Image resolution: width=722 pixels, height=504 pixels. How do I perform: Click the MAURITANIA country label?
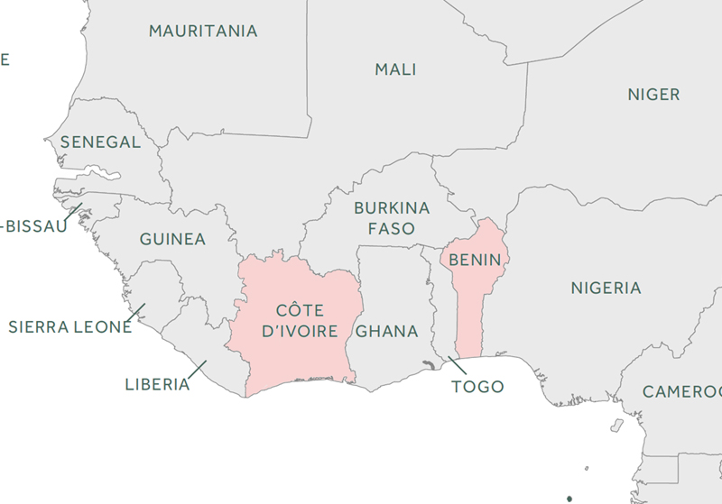click(x=203, y=32)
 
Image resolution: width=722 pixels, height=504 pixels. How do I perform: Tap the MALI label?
click(x=395, y=69)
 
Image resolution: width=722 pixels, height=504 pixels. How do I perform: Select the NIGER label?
click(x=653, y=95)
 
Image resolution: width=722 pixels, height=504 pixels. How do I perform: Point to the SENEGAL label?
click(x=100, y=142)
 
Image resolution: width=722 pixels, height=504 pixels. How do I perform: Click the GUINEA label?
click(x=172, y=240)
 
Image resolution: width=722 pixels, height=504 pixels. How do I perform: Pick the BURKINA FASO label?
click(x=391, y=218)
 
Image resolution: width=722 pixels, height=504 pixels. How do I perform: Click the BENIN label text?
click(x=475, y=260)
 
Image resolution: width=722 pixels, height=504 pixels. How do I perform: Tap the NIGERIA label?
click(x=606, y=289)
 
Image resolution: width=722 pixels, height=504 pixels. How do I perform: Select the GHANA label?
click(x=387, y=331)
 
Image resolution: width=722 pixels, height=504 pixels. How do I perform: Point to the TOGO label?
click(x=477, y=387)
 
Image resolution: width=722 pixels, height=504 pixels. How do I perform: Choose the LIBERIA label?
click(x=157, y=385)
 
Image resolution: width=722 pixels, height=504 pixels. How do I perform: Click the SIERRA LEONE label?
click(x=70, y=327)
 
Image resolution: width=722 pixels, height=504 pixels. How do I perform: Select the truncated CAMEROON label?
click(x=682, y=392)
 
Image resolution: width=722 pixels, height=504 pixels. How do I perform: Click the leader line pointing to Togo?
click(x=457, y=365)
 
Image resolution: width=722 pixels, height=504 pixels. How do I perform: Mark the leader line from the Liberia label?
click(x=198, y=370)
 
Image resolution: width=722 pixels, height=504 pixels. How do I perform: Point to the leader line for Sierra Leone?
click(x=136, y=312)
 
